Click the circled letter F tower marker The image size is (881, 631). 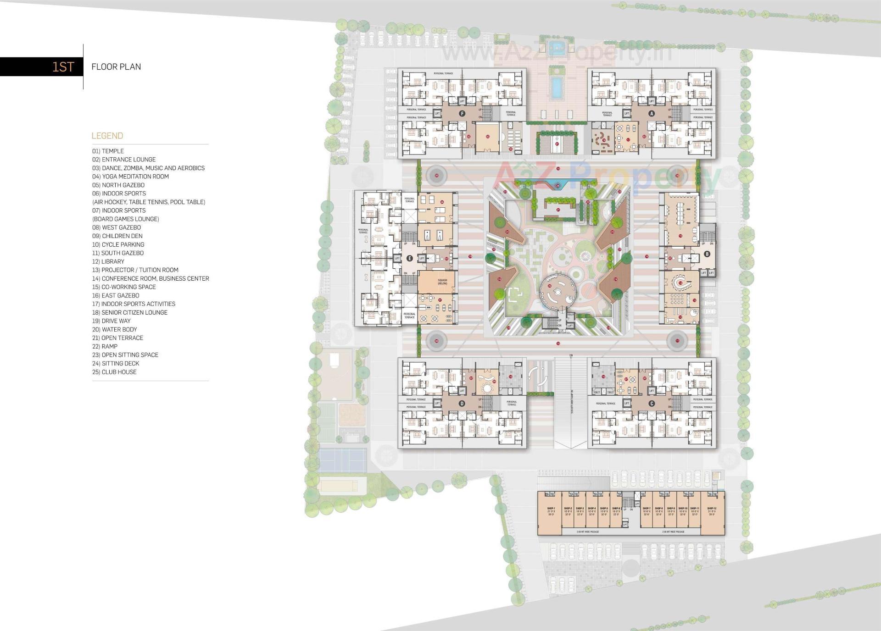click(x=462, y=113)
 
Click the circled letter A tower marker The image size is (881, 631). click(x=652, y=113)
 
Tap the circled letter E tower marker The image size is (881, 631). click(x=410, y=258)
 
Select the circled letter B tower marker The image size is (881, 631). click(x=707, y=254)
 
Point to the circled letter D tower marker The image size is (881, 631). click(x=462, y=404)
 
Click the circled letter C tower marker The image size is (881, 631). click(x=652, y=404)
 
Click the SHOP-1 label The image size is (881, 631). click(x=551, y=509)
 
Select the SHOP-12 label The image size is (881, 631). click(x=712, y=509)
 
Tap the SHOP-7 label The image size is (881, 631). click(x=647, y=509)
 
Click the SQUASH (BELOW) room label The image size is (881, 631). click(x=442, y=282)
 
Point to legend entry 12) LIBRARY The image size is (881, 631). click(x=108, y=261)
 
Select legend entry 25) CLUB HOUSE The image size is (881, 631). click(x=114, y=372)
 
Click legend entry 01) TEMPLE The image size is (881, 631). click(x=108, y=151)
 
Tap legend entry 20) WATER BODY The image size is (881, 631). click(x=114, y=329)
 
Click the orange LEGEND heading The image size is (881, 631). click(x=107, y=136)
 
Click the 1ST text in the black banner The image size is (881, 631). click(x=63, y=67)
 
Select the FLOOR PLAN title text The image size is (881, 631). click(x=116, y=67)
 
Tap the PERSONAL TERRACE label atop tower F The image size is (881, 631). click(x=443, y=73)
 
